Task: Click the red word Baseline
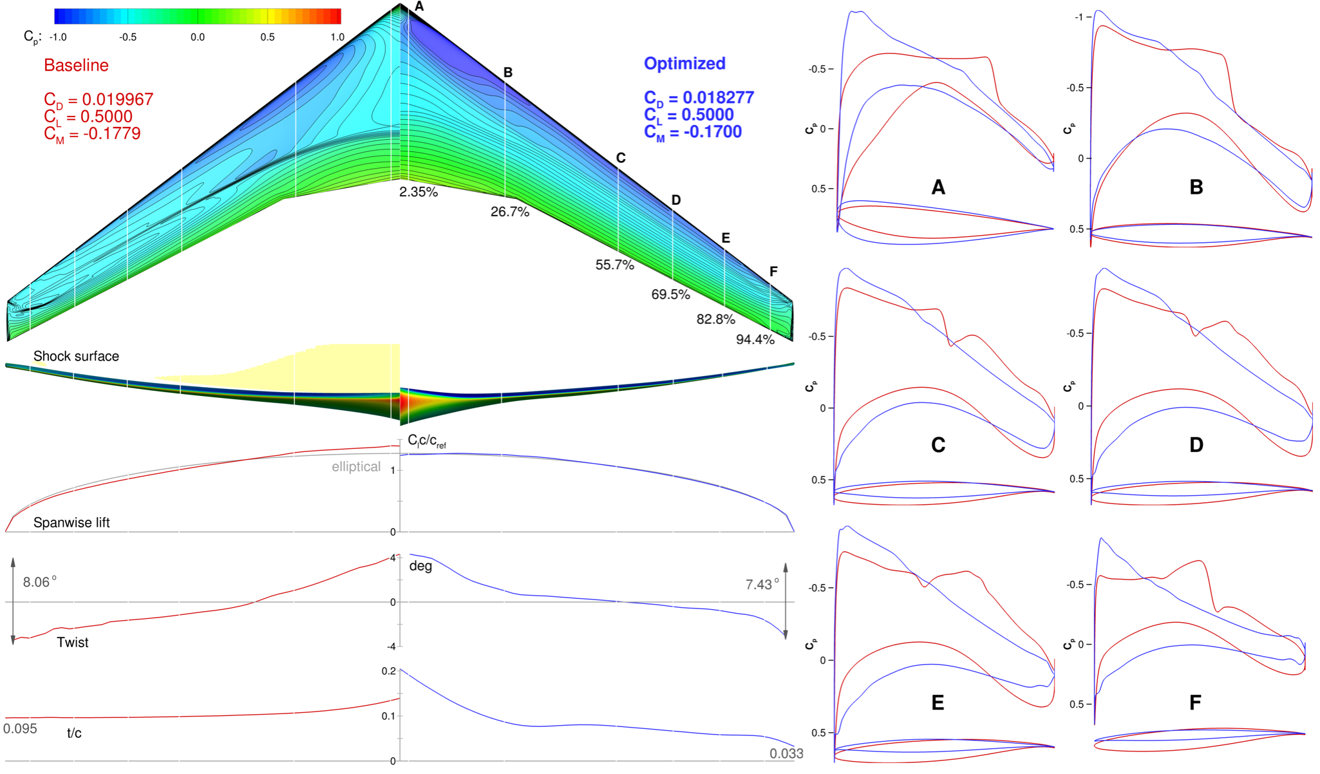[76, 65]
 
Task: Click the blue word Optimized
[684, 63]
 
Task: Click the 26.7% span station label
[509, 212]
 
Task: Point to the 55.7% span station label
[614, 265]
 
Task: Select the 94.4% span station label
[755, 339]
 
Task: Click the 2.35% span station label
[418, 192]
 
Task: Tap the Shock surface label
[76, 356]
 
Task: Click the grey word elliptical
[356, 466]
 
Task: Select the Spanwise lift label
[71, 522]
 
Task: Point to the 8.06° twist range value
[39, 582]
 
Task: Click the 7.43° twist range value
[762, 584]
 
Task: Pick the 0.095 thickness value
[20, 728]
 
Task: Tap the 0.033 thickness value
[786, 753]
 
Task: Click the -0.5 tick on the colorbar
[127, 37]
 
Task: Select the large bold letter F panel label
[1195, 703]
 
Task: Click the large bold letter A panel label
[938, 187]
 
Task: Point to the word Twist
[72, 642]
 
